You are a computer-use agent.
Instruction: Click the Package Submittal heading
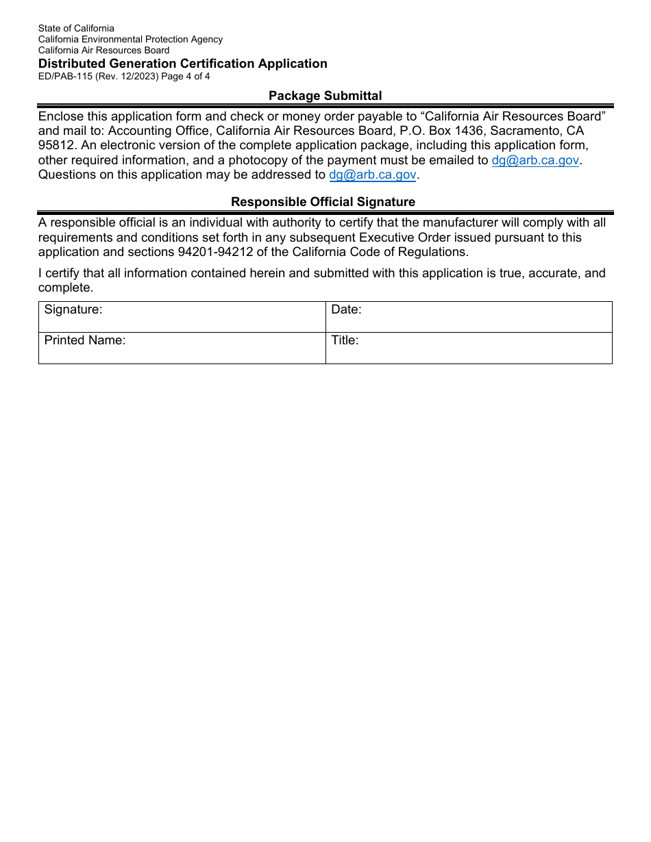pos(325,96)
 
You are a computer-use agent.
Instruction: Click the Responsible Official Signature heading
pos(323,202)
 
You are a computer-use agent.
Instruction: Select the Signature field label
pos(73,310)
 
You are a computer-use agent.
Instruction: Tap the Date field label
pos(346,310)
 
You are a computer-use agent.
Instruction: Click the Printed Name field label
pos(85,341)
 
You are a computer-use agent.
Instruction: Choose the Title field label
pos(345,341)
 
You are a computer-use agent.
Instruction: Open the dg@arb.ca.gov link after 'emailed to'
pos(535,160)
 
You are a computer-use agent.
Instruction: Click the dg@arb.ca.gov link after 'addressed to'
pos(373,175)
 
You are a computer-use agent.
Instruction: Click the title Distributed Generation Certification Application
pos(182,64)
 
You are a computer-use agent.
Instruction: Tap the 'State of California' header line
pos(76,28)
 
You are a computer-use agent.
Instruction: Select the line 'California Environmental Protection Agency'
pos(130,39)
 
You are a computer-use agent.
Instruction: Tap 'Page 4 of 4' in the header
pos(186,77)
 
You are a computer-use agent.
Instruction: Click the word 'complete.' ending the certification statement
pos(65,288)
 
